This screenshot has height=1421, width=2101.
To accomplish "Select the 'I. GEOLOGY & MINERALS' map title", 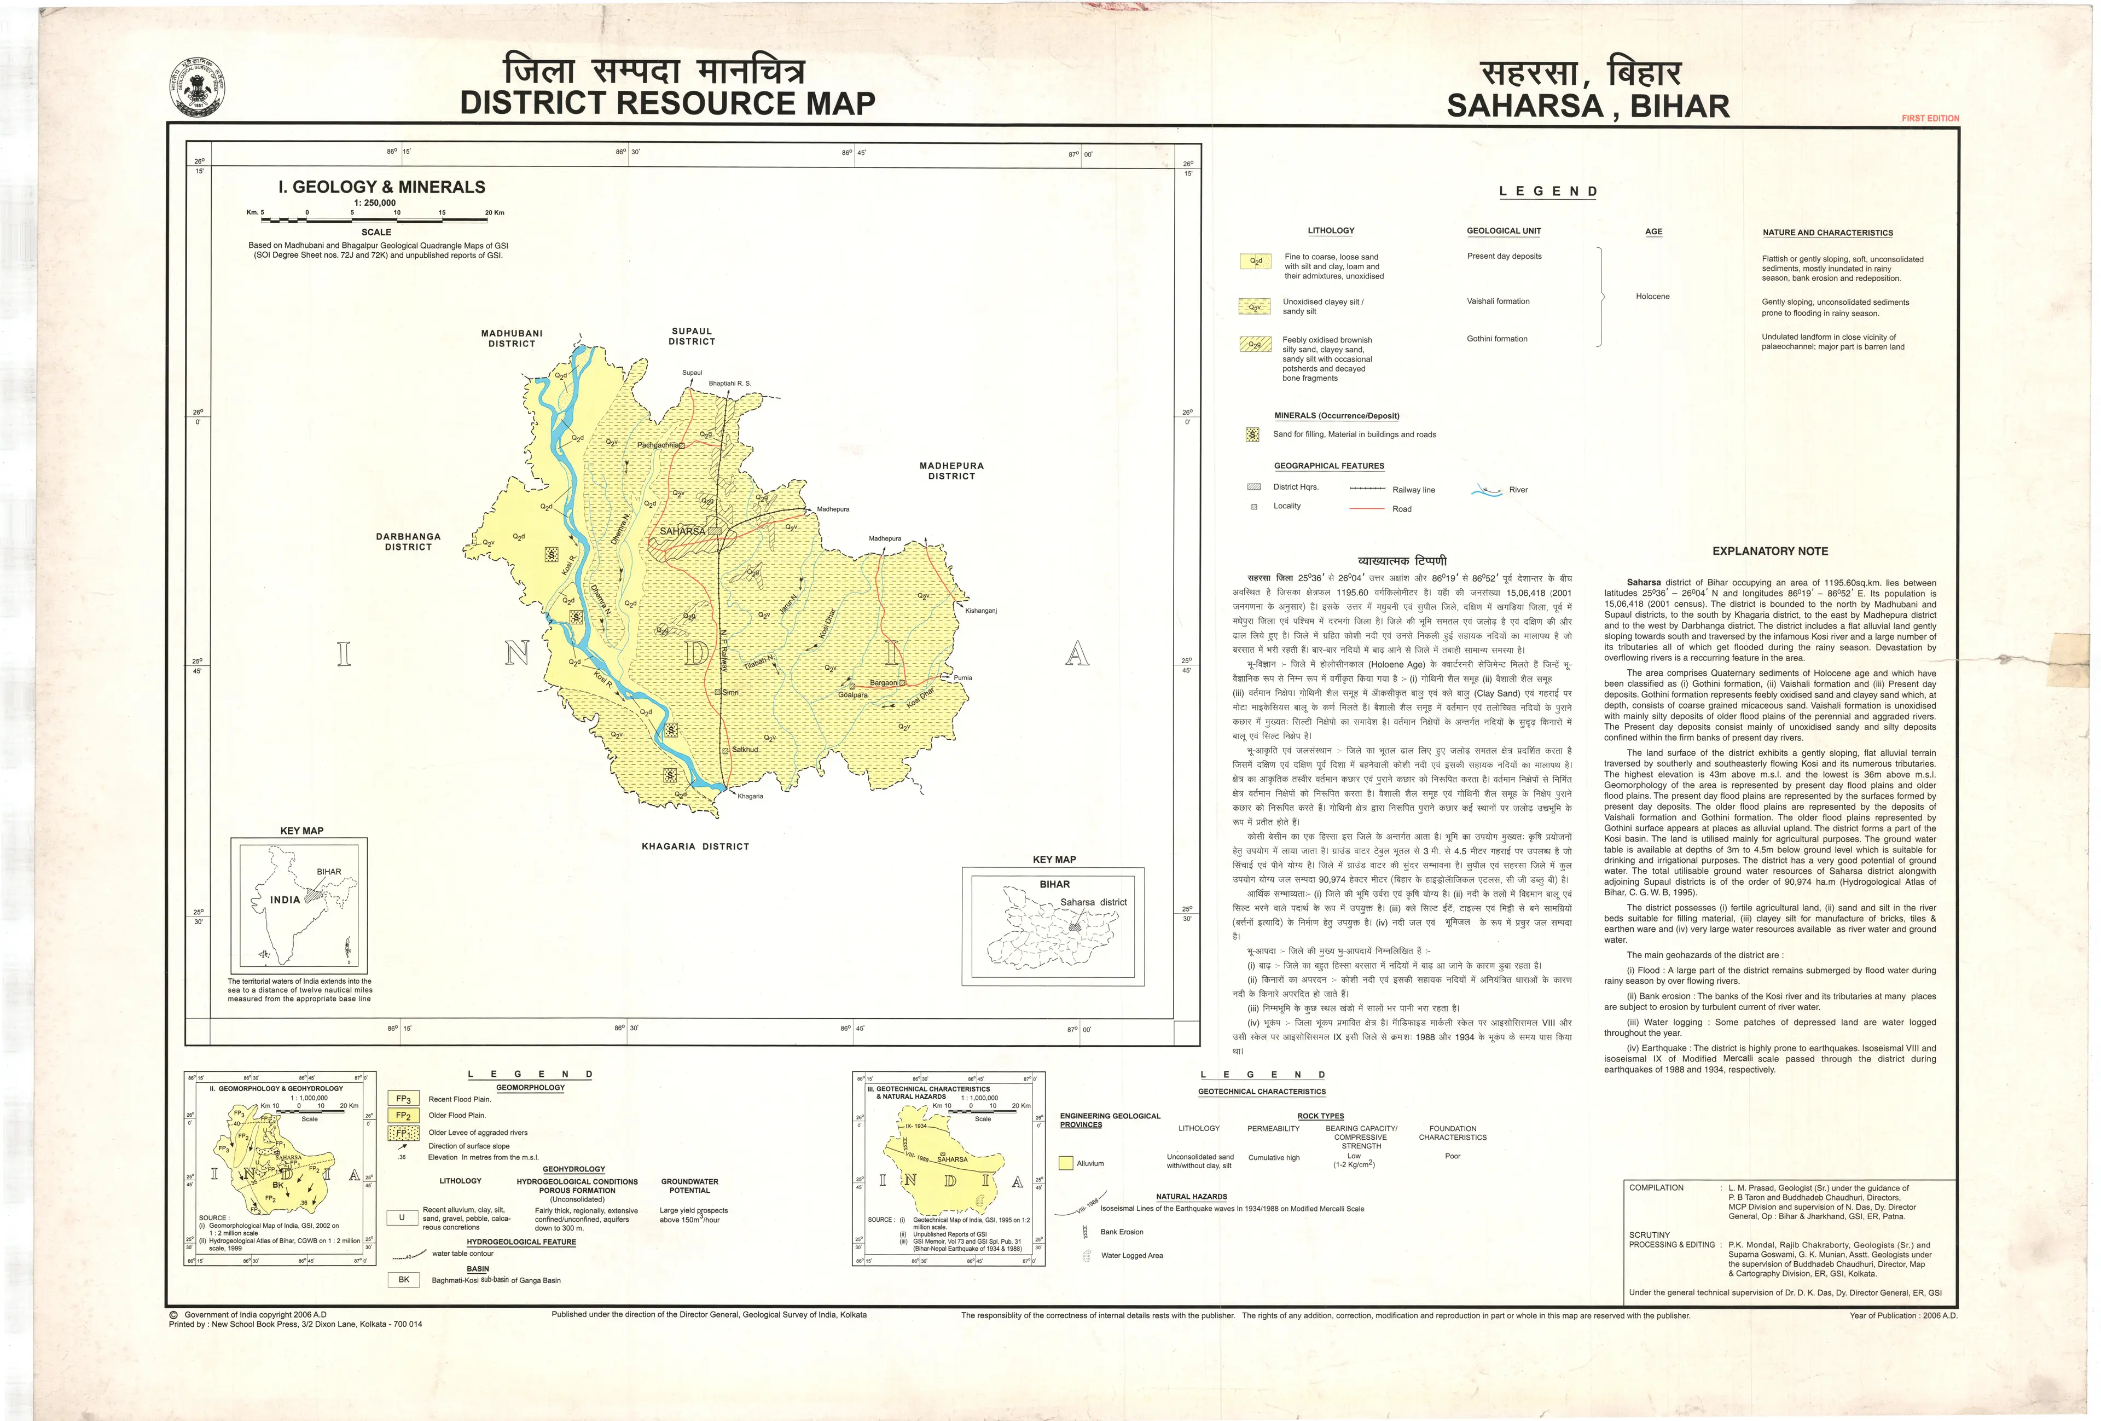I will click(x=381, y=187).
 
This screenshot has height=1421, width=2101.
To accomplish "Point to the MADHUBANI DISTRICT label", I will click(x=512, y=338).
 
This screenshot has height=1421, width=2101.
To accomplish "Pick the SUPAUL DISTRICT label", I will click(x=692, y=337).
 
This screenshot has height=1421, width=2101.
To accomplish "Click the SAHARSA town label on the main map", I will click(x=683, y=531).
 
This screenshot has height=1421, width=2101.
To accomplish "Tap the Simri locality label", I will click(x=730, y=692).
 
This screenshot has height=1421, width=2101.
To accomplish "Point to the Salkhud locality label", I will click(x=745, y=750).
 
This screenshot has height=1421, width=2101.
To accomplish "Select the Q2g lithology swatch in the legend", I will click(x=1255, y=344).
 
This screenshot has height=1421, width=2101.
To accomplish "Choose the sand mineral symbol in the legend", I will click(x=1252, y=436).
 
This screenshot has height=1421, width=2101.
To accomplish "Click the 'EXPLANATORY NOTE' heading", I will click(x=1769, y=552).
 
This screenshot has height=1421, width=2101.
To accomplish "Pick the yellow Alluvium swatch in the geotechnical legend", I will click(x=1067, y=1163).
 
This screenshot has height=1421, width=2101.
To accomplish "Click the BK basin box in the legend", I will click(x=403, y=1279).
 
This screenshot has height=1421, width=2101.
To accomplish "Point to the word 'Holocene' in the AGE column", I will click(x=1652, y=297).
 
